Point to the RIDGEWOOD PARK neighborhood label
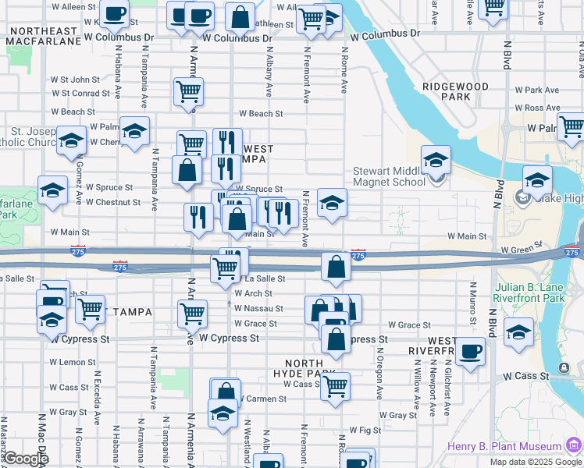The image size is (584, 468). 455,91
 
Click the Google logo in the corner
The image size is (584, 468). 25,459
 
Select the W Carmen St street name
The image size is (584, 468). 261,399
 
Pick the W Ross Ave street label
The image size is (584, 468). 543,108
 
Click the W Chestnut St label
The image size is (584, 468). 113,202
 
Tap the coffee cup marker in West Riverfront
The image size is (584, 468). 470,352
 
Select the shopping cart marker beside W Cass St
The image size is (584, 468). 335,385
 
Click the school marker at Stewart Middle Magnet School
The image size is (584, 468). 436,161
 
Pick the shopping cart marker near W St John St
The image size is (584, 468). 188,92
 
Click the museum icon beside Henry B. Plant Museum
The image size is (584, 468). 574,445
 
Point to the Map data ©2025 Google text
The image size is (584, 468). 535,462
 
